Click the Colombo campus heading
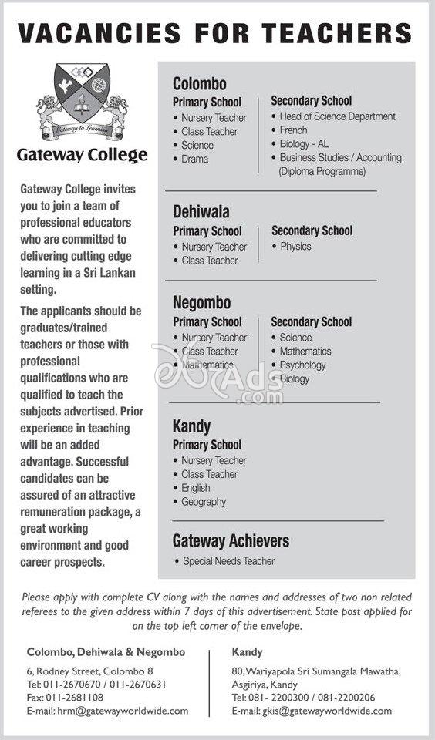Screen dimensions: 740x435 (199, 83)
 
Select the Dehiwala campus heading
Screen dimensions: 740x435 (201, 212)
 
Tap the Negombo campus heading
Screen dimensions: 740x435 (201, 303)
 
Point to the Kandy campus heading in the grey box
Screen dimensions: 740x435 (191, 426)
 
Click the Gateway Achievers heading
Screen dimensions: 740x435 (231, 540)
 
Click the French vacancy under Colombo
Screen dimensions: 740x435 (293, 130)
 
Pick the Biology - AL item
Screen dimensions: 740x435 (304, 144)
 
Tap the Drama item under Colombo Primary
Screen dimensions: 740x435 (194, 159)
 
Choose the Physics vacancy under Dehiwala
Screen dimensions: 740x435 (295, 247)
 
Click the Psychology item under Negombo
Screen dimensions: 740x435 (302, 365)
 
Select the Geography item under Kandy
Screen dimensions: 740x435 (204, 502)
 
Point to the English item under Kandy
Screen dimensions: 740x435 (196, 488)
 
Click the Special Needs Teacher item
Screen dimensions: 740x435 (228, 561)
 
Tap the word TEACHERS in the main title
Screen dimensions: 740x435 (336, 33)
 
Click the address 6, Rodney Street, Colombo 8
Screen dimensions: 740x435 (89, 671)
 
